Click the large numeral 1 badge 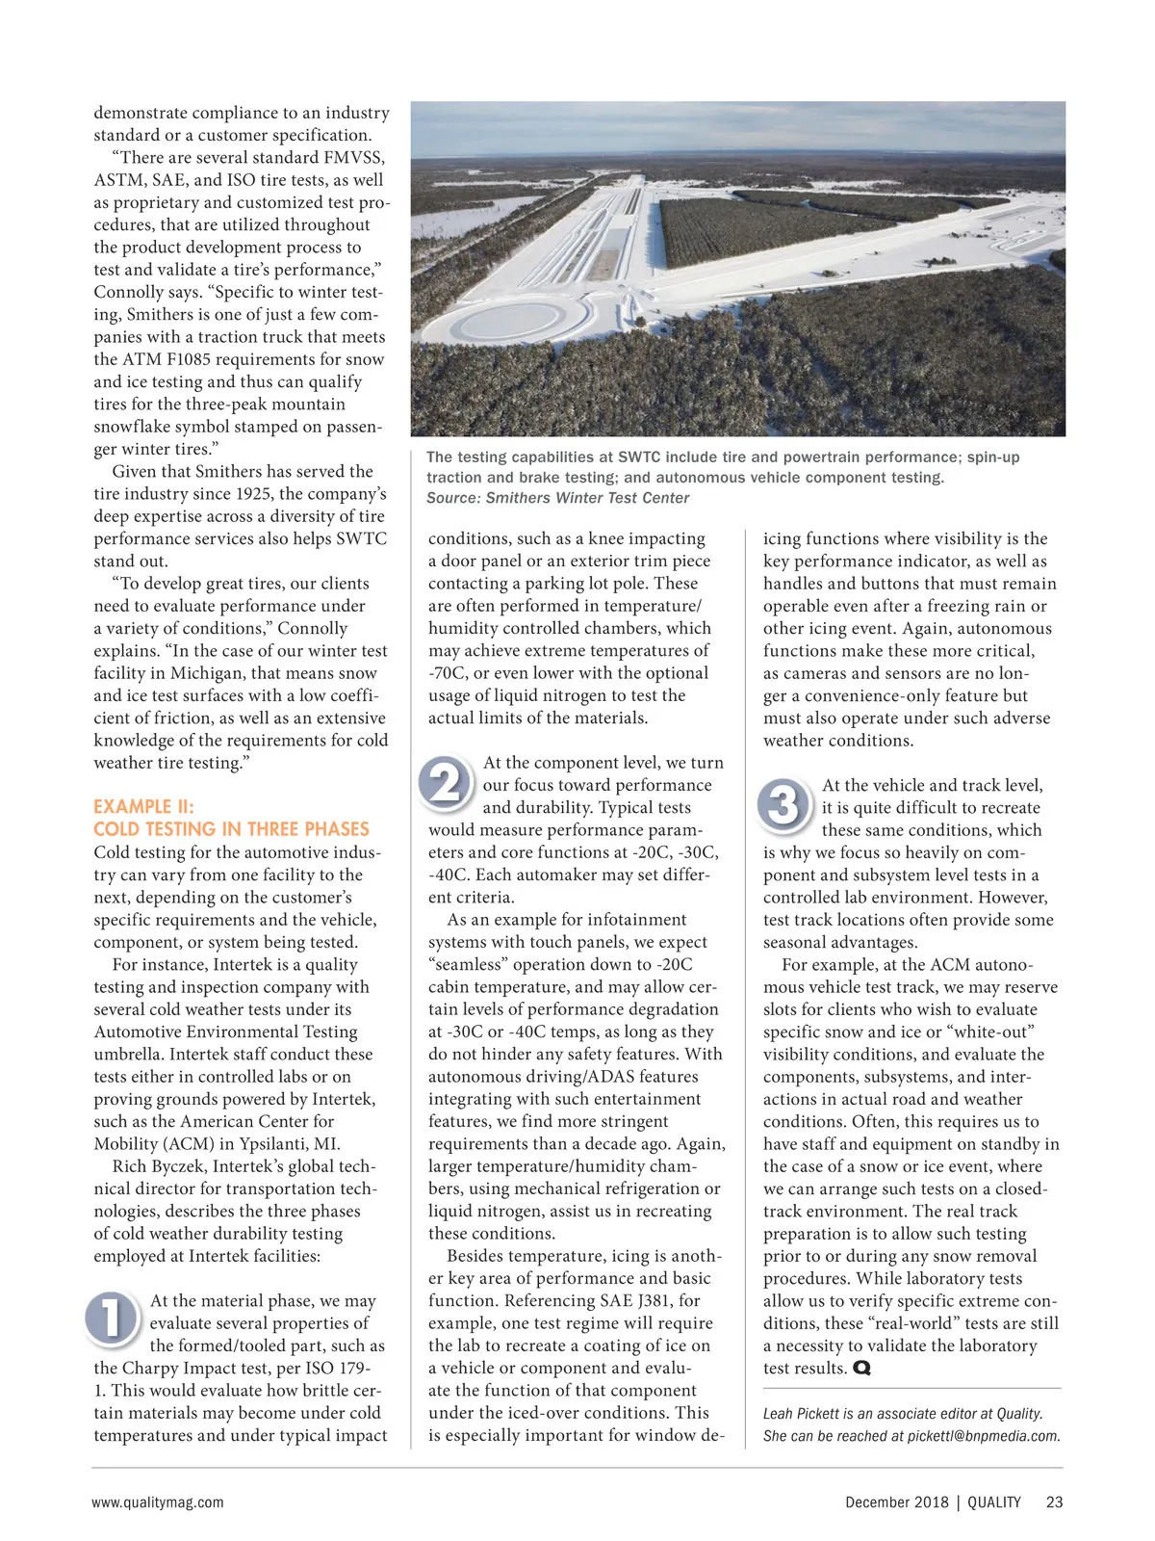pyautogui.click(x=112, y=1318)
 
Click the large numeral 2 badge pyautogui.click(x=445, y=782)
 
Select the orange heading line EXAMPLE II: pyautogui.click(x=143, y=807)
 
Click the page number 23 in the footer pyautogui.click(x=1054, y=1502)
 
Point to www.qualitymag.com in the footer pyautogui.click(x=158, y=1502)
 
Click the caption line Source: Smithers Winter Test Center pyautogui.click(x=558, y=498)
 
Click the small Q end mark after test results pyautogui.click(x=861, y=1369)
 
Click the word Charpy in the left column pyautogui.click(x=159, y=1369)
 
